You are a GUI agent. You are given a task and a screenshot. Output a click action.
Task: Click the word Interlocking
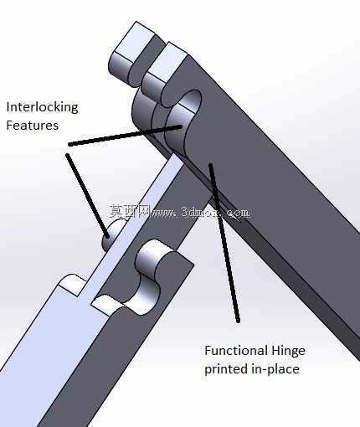point(42,107)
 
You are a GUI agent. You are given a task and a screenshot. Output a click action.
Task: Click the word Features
point(33,126)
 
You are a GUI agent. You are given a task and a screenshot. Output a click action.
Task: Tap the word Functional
point(235,351)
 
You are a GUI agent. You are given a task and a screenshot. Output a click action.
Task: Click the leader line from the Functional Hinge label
point(224,243)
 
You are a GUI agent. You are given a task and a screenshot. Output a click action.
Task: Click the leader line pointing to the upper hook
point(126,136)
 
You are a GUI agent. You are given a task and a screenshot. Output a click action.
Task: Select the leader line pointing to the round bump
point(87,196)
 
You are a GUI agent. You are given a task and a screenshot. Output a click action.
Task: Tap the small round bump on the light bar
point(112,234)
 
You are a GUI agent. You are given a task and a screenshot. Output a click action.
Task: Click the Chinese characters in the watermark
point(130,211)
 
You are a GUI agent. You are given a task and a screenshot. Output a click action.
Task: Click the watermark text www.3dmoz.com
point(200,213)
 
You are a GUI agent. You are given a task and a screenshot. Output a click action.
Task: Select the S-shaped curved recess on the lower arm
point(148,279)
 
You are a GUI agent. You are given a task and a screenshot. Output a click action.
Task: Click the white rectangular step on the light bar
point(72,284)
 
